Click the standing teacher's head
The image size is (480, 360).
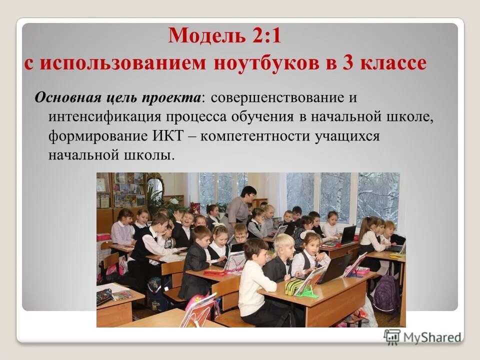tap(248, 192)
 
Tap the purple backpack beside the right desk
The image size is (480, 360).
tap(386, 293)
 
